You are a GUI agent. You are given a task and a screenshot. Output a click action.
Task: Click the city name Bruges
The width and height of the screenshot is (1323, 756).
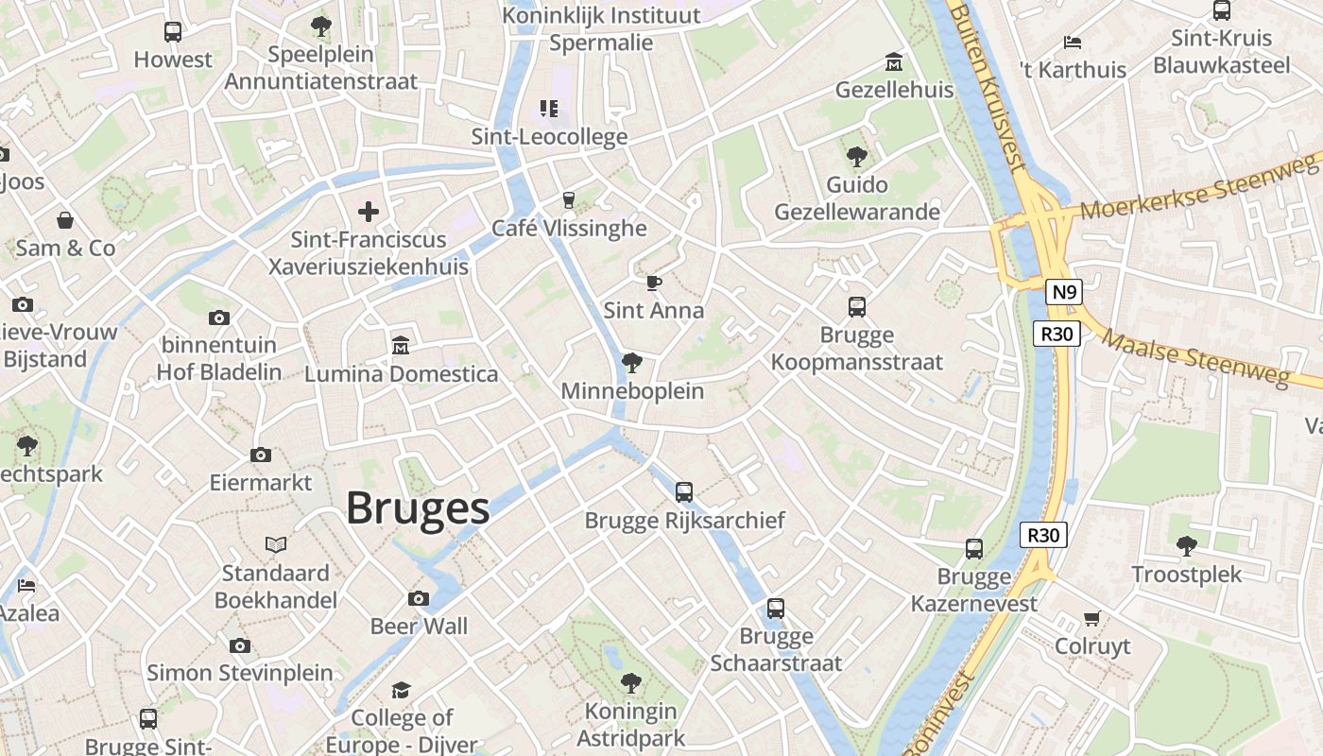tap(417, 508)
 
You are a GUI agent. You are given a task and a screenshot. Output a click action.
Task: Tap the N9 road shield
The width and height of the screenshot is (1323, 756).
tap(1063, 292)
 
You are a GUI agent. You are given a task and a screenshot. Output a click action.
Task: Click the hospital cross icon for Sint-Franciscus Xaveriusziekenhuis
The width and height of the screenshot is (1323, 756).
tap(369, 212)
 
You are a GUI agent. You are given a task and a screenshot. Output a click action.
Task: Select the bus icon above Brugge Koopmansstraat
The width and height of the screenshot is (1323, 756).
tap(856, 307)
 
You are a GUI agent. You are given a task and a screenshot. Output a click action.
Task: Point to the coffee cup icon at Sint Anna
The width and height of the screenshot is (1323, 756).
tap(653, 283)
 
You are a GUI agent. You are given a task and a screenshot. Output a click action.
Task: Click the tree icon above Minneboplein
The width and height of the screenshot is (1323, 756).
tap(631, 363)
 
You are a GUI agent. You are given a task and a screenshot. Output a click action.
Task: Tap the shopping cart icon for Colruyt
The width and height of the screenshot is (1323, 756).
tap(1091, 619)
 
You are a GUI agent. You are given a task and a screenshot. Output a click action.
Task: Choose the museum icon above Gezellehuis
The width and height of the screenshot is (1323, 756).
tap(893, 62)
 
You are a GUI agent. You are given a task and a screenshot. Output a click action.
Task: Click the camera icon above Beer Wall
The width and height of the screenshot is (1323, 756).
tap(418, 598)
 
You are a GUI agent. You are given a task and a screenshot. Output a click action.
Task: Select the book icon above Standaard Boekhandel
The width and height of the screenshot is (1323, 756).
tap(275, 545)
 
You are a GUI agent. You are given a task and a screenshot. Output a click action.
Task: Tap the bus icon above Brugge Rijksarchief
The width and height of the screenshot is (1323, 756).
tap(683, 492)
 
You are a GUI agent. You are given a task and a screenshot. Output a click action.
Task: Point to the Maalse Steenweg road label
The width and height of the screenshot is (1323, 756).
tap(1195, 357)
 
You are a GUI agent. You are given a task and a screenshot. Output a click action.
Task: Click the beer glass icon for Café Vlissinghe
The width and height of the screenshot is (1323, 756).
tap(568, 199)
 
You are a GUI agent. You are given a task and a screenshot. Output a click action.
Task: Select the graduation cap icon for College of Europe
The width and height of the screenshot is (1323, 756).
tap(402, 690)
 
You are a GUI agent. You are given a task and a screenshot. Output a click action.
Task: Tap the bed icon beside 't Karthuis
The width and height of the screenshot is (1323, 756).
tap(1072, 42)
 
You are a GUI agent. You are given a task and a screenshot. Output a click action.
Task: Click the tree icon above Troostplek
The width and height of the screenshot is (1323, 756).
tap(1186, 546)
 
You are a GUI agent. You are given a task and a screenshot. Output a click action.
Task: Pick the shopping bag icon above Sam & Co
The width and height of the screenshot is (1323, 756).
tap(65, 220)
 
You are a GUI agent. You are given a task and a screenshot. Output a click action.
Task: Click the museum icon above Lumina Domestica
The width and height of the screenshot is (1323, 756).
tap(400, 346)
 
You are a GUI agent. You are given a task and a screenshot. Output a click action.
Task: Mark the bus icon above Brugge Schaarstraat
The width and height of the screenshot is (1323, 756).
tap(775, 609)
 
